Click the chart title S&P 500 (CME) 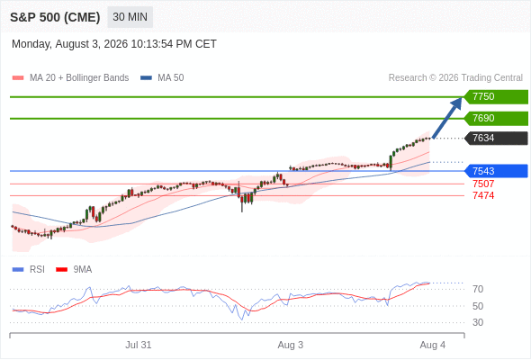pyautogui.click(x=55, y=17)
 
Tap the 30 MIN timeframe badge pyautogui.click(x=130, y=17)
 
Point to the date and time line pyautogui.click(x=114, y=44)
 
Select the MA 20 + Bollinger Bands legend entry pyautogui.click(x=70, y=78)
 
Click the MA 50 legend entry pyautogui.click(x=162, y=78)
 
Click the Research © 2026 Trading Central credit pyautogui.click(x=455, y=78)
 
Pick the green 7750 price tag pyautogui.click(x=496, y=97)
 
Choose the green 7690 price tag pyautogui.click(x=496, y=119)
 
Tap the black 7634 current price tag pyautogui.click(x=496, y=139)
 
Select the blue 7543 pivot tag pyautogui.click(x=496, y=171)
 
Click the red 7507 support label pyautogui.click(x=483, y=184)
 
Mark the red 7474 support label pyautogui.click(x=483, y=195)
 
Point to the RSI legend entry pyautogui.click(x=29, y=270)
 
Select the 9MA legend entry pyautogui.click(x=74, y=270)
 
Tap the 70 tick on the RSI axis pyautogui.click(x=478, y=289)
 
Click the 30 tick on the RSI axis pyautogui.click(x=478, y=322)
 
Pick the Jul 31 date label pyautogui.click(x=139, y=345)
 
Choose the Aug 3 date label pyautogui.click(x=290, y=345)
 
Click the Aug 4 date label pyautogui.click(x=433, y=345)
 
